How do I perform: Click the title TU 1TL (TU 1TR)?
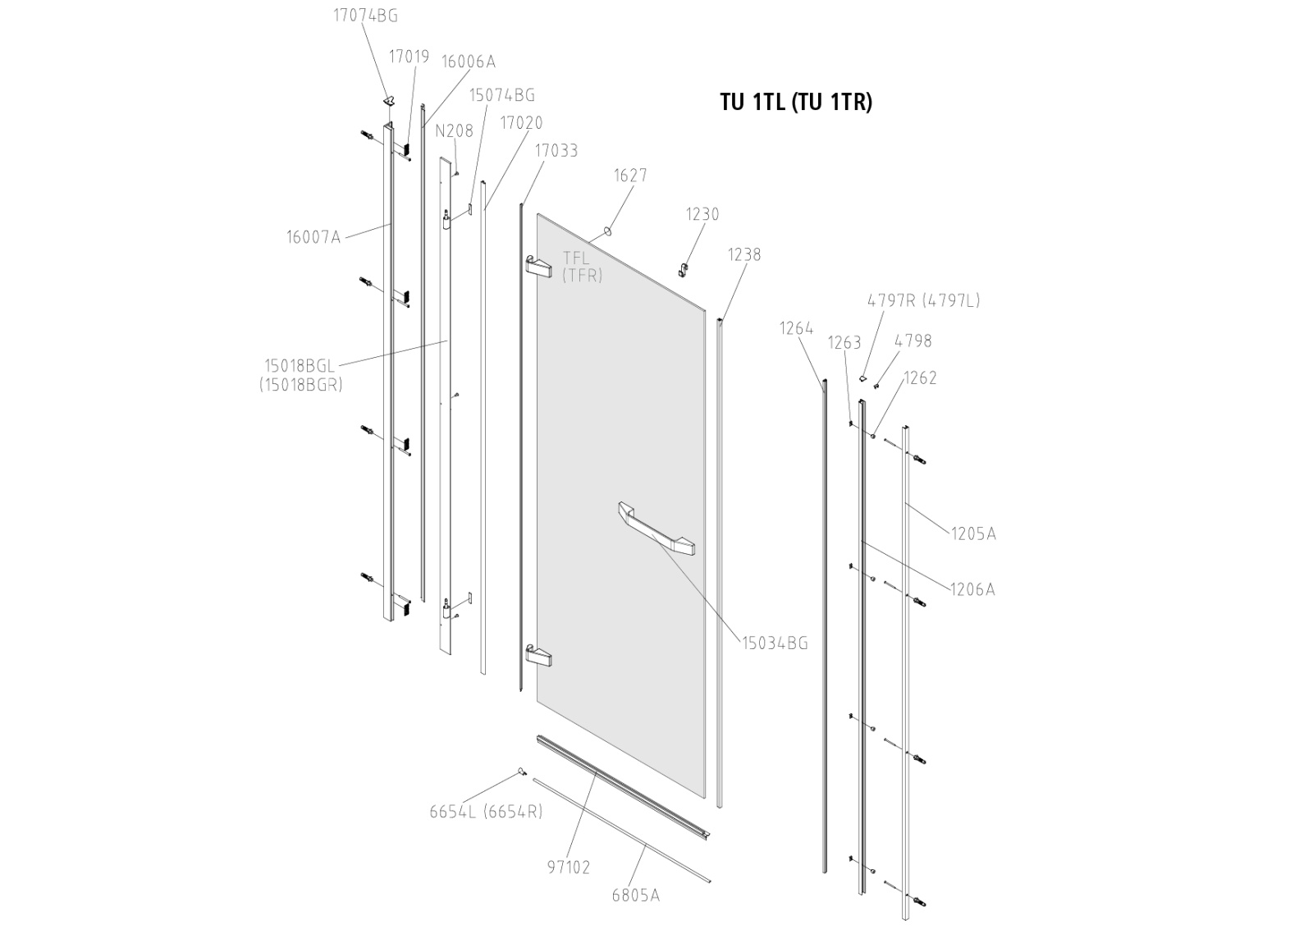[x=795, y=102]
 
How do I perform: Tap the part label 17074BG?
[x=365, y=16]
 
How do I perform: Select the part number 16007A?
[x=313, y=237]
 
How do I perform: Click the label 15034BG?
[x=775, y=643]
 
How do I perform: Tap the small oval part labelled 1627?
[x=608, y=231]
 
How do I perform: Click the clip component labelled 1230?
[x=681, y=268]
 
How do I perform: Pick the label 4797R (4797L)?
[x=923, y=300]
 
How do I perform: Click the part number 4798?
[x=913, y=341]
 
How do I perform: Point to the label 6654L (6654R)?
[x=486, y=812]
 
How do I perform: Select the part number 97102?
[x=569, y=867]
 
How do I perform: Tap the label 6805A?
[x=635, y=895]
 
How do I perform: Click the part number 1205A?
[x=973, y=533]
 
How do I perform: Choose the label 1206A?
[x=972, y=588]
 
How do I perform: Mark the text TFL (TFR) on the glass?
[x=582, y=267]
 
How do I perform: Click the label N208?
[x=454, y=130]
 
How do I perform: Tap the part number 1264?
[x=796, y=328]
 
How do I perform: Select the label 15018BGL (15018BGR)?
[x=300, y=374]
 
